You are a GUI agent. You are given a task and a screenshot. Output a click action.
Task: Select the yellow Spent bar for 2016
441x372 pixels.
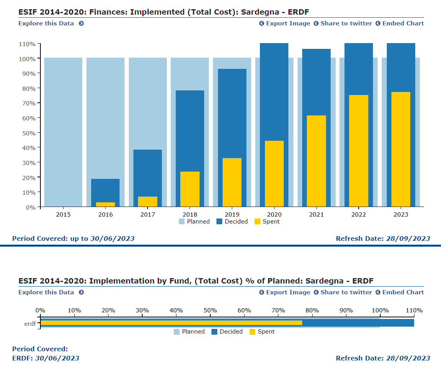105,204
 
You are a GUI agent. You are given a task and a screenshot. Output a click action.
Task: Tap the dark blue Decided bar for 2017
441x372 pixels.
148,173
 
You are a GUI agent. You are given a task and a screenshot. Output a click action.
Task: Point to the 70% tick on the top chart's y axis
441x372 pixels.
28,103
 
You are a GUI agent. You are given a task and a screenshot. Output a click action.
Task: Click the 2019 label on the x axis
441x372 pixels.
232,214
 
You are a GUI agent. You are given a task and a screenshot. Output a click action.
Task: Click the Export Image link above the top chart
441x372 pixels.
288,23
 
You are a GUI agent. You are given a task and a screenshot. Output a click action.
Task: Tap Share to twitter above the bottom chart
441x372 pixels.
346,292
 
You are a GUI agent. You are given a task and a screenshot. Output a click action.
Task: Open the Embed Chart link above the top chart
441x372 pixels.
403,23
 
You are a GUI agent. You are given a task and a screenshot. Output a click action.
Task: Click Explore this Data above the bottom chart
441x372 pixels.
46,292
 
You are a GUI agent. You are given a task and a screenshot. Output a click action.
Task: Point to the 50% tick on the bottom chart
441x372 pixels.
210,310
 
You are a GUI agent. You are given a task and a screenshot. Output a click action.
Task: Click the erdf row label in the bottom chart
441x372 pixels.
30,324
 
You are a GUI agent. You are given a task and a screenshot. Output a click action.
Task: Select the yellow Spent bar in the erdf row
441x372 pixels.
171,323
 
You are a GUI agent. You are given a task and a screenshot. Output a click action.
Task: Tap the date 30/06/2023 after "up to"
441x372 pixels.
112,239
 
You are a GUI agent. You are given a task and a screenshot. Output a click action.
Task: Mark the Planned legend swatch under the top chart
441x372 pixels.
182,222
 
